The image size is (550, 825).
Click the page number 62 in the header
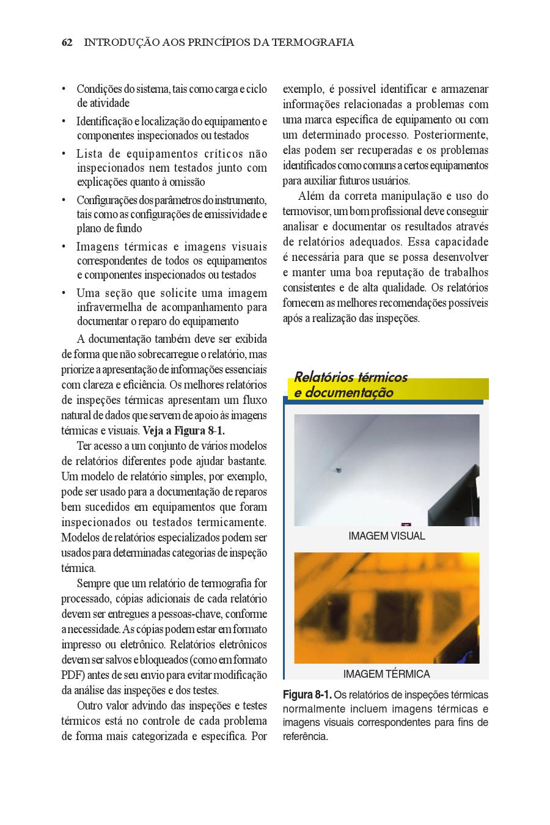point(67,43)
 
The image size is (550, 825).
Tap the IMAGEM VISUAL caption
point(386,536)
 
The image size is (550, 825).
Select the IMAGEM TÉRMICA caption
point(386,674)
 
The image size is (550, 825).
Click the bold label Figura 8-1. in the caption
point(307,695)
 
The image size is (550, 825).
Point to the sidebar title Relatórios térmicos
point(351,377)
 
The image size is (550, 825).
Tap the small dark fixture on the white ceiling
point(337,471)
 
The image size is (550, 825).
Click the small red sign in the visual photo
point(405,523)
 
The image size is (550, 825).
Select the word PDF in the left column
point(72,675)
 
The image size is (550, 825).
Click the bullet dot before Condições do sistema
point(64,89)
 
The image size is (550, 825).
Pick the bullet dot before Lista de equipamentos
point(64,154)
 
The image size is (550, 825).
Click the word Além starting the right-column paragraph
point(312,196)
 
